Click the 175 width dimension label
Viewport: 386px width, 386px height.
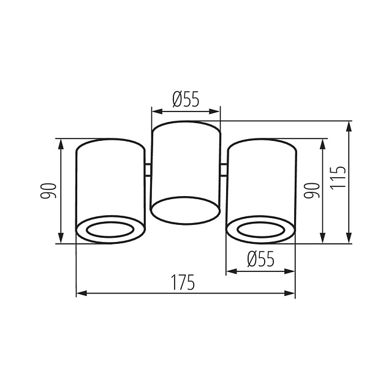[183, 282]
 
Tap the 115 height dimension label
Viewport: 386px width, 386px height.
[338, 178]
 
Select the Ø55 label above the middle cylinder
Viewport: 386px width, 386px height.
[186, 99]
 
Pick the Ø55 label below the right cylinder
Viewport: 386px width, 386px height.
[260, 259]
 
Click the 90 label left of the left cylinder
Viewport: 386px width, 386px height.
[49, 191]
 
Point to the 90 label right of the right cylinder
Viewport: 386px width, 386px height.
[312, 191]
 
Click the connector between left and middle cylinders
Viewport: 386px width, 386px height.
[148, 170]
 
